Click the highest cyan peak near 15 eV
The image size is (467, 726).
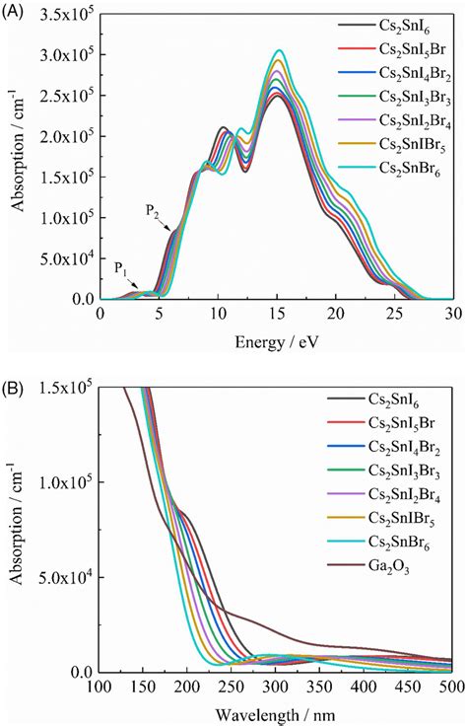pos(280,50)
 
